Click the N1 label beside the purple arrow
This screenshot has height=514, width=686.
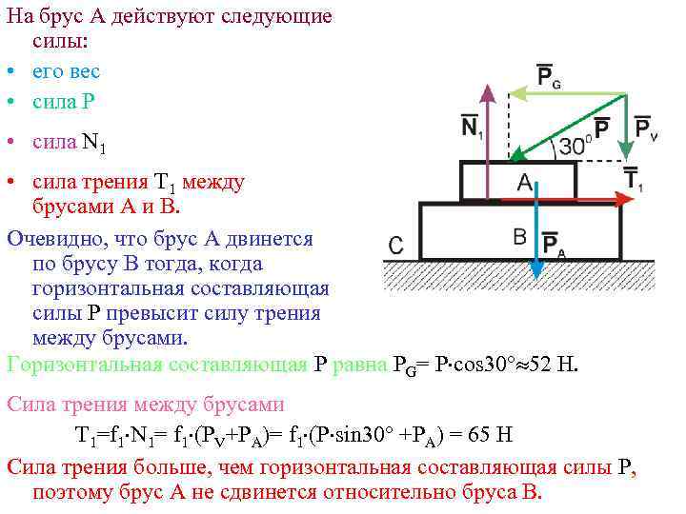pyautogui.click(x=472, y=127)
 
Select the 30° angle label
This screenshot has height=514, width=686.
pyautogui.click(x=575, y=146)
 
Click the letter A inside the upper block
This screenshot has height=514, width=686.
pyautogui.click(x=524, y=183)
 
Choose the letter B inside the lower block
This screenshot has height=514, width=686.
pyautogui.click(x=520, y=236)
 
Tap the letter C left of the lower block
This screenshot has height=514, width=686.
pyautogui.click(x=397, y=245)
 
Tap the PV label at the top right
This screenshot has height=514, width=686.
pyautogui.click(x=645, y=128)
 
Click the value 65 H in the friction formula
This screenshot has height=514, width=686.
pyautogui.click(x=487, y=436)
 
